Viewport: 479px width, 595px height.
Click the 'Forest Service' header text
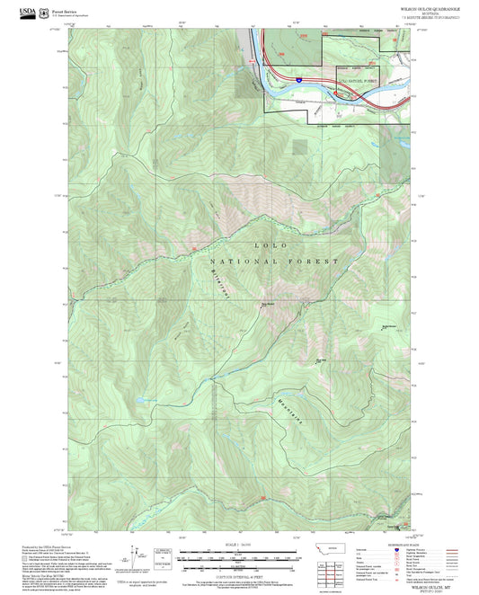coord(63,10)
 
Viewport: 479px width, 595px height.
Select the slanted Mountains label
coord(286,403)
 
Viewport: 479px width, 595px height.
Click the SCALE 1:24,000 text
coord(232,543)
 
